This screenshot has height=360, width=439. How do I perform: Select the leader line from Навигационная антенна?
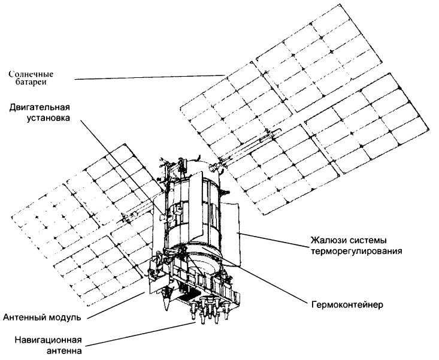pos(144,333)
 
